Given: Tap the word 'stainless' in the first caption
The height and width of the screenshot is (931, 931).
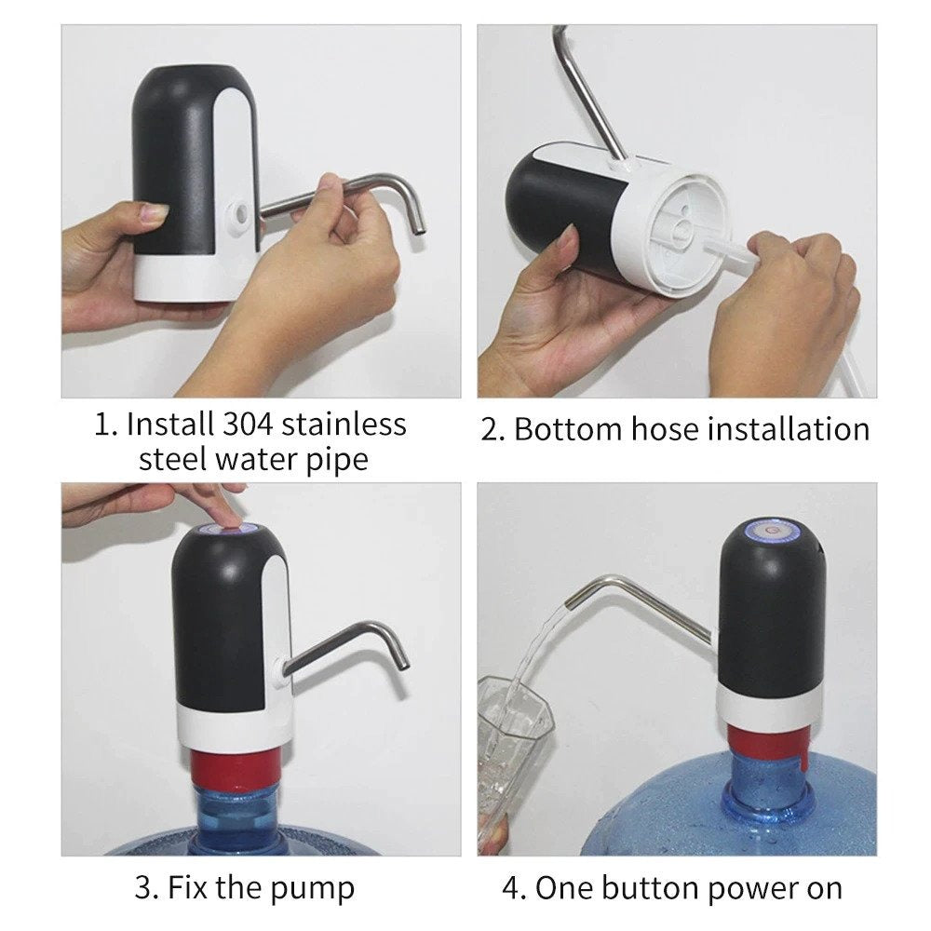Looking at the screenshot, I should (x=344, y=425).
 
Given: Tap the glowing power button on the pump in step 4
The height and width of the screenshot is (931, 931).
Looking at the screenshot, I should (x=769, y=532).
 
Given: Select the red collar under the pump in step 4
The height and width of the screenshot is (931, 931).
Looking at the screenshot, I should (x=769, y=741).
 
